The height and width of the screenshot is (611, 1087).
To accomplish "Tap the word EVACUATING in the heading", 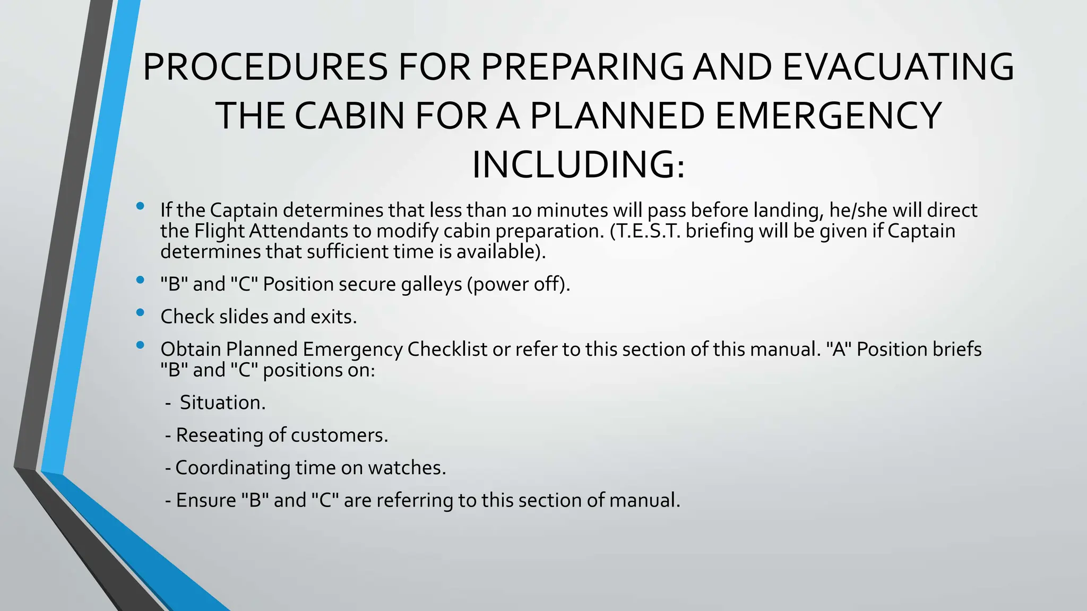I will [x=898, y=67].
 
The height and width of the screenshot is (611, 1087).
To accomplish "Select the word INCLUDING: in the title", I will [x=579, y=165].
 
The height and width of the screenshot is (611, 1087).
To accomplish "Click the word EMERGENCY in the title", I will [x=828, y=116].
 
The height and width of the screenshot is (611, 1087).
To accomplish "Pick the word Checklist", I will [x=447, y=350].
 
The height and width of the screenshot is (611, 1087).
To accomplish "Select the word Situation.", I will [x=222, y=403].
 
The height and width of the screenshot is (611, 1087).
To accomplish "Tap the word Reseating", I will [x=219, y=435].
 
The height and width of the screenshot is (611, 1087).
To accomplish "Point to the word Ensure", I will [x=205, y=501].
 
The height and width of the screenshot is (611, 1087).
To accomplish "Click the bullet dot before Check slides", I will [x=140, y=313].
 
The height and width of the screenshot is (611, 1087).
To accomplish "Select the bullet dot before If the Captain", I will [x=140, y=206].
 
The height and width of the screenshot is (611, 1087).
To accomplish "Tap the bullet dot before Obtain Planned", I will [x=140, y=345].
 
